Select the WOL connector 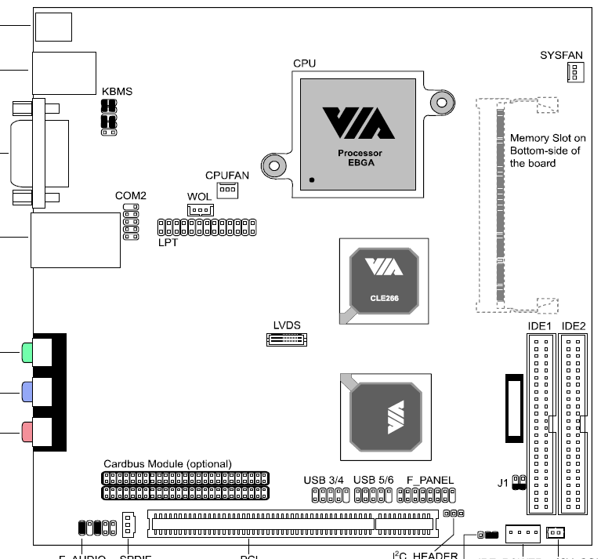[x=200, y=210]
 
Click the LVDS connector [x=287, y=339]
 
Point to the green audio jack [x=28, y=353]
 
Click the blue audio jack [x=28, y=391]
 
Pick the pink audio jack [x=28, y=430]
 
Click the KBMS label [x=117, y=92]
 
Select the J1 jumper [x=517, y=481]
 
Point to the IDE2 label [x=574, y=325]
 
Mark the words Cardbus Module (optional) [x=168, y=463]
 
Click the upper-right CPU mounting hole [x=442, y=102]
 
